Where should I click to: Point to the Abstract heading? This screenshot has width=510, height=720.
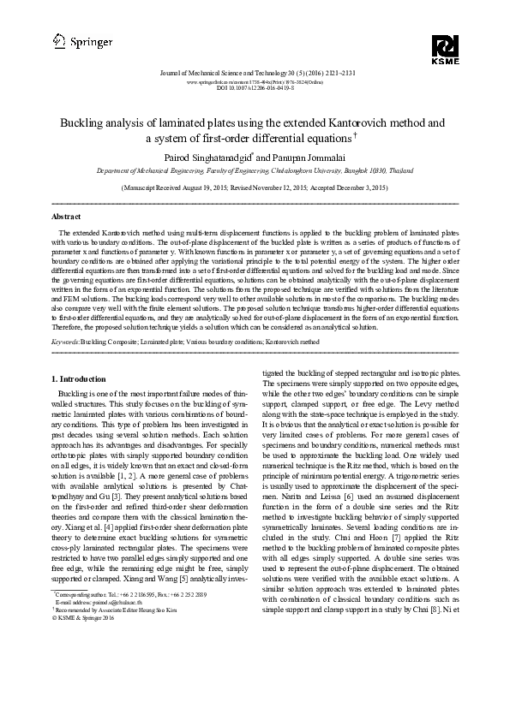point(67,217)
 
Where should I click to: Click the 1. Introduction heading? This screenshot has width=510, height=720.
point(81,378)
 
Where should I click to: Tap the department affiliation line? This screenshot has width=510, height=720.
point(255,170)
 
